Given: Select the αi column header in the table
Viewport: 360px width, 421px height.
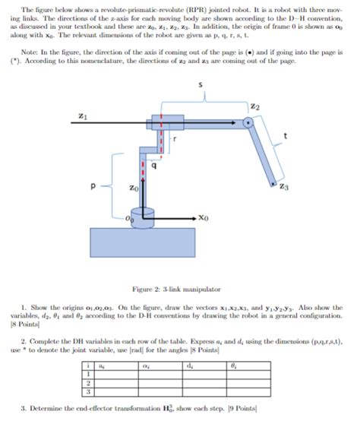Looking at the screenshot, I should pyautogui.click(x=144, y=366).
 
